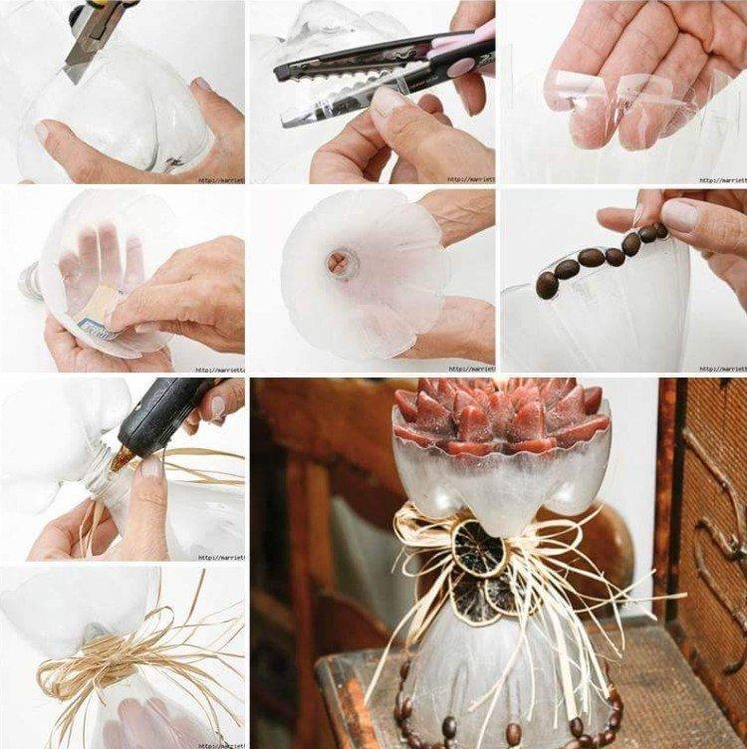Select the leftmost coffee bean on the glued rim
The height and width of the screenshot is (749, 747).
pos(547,286)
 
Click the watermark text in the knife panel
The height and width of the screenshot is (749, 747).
pos(220,180)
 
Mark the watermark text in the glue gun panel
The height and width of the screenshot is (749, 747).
pos(220,558)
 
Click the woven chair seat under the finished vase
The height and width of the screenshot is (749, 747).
pos(677,697)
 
